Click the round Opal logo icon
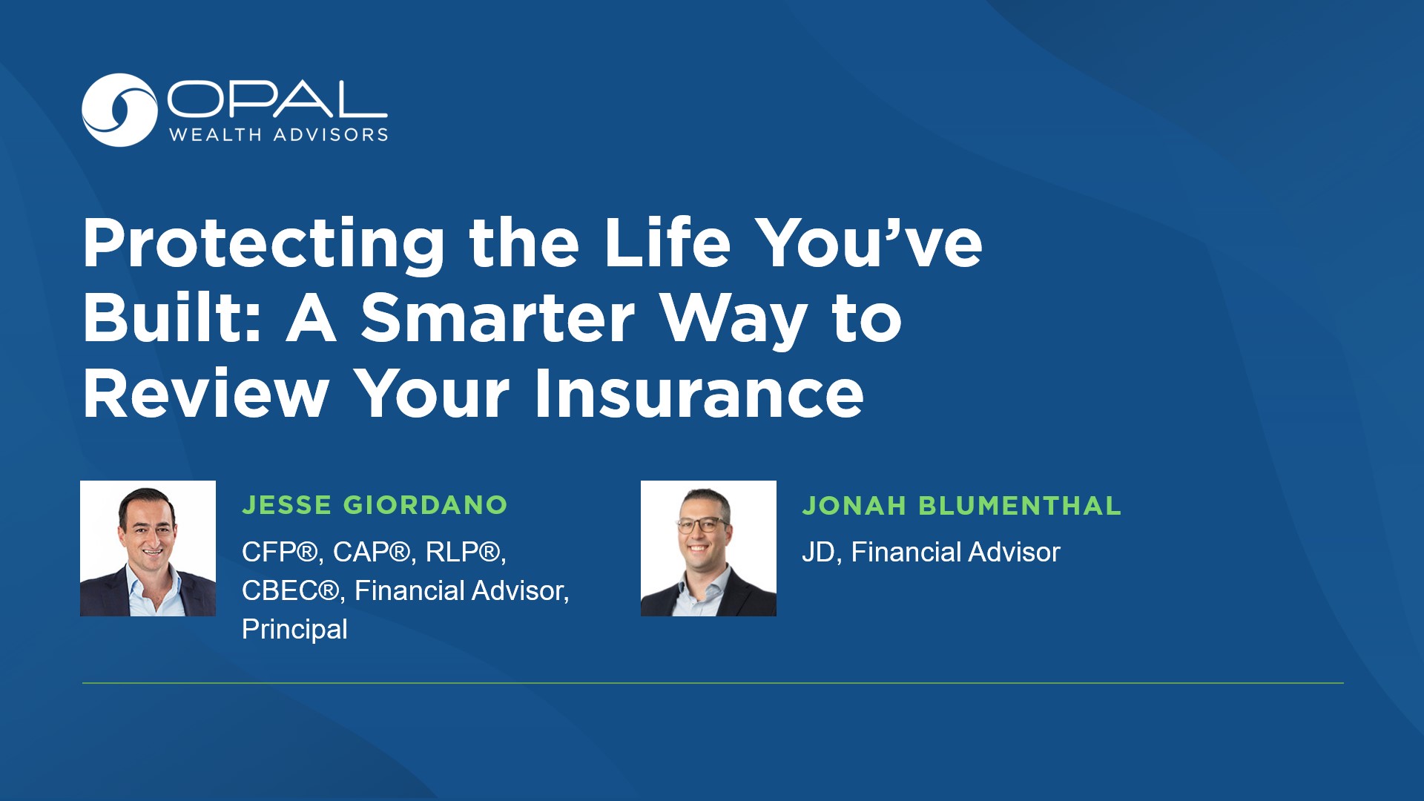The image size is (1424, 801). click(x=119, y=110)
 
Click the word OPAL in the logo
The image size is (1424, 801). click(x=277, y=99)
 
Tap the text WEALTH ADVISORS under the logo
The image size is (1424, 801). click(x=279, y=135)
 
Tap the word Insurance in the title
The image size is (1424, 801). click(x=699, y=393)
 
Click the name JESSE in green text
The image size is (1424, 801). click(x=287, y=505)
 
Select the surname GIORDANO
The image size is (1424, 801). click(x=426, y=505)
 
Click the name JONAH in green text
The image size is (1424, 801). click(x=854, y=506)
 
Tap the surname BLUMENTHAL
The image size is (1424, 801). click(x=1020, y=506)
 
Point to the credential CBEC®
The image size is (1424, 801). click(x=290, y=590)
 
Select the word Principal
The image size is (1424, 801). click(x=294, y=629)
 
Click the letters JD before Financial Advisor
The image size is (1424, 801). click(x=818, y=553)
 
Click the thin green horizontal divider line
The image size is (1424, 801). click(x=712, y=682)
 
